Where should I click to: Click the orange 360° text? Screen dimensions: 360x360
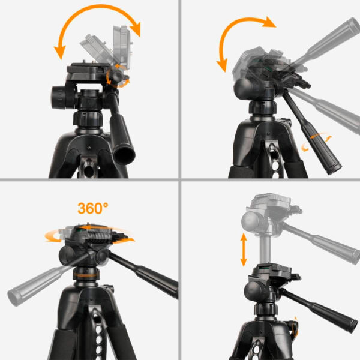(92, 209)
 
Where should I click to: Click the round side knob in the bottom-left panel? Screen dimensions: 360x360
(67, 257)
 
